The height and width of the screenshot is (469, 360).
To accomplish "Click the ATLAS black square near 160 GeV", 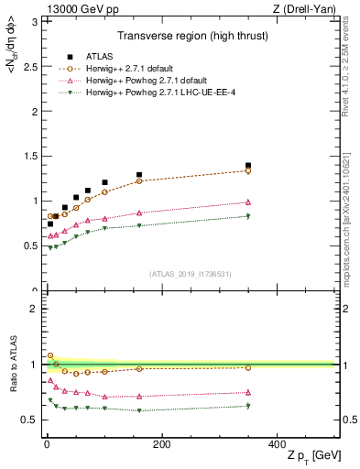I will coord(139,175).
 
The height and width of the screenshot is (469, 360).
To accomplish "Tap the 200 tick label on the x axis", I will coord(161,443).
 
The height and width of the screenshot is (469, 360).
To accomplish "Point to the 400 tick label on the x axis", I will coord(277,443).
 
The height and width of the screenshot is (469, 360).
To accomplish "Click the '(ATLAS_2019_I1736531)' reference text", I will coord(190,274).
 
